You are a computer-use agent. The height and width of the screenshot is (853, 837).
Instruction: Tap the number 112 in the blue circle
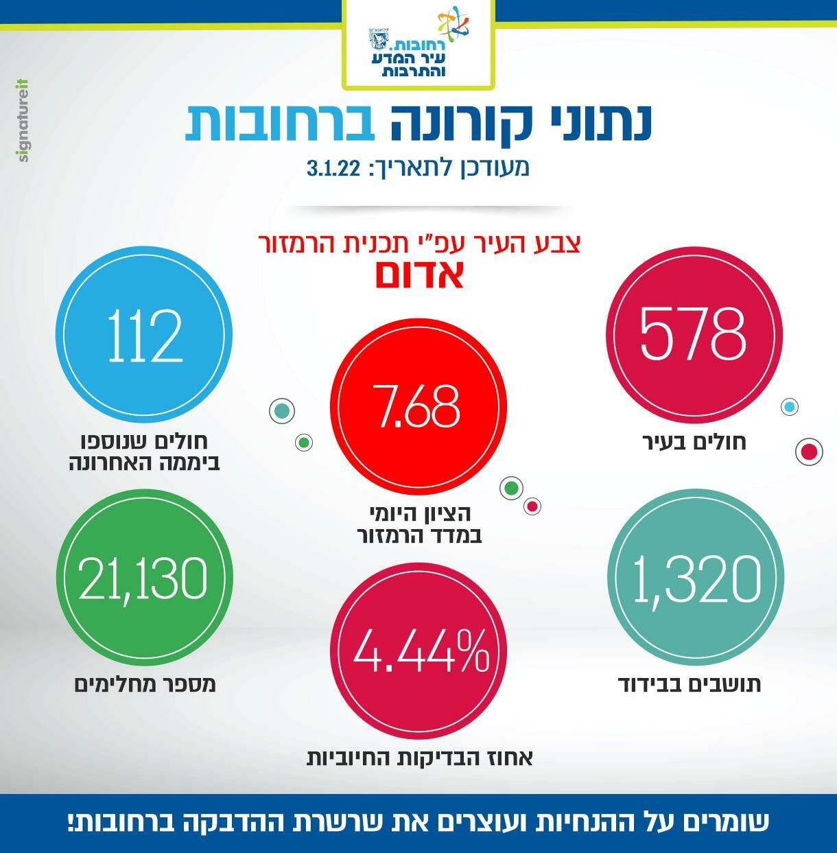point(145,336)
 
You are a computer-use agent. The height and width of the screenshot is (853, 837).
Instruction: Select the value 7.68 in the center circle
point(417,406)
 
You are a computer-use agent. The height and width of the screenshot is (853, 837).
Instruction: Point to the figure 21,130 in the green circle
point(143,578)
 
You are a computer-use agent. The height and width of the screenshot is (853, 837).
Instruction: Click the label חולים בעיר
point(694,442)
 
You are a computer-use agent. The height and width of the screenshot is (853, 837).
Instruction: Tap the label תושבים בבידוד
point(689,684)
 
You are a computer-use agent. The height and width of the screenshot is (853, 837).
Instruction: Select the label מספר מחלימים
point(145,684)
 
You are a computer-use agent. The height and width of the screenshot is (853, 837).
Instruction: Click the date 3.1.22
point(334,168)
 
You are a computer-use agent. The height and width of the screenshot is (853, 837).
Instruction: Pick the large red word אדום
point(419,274)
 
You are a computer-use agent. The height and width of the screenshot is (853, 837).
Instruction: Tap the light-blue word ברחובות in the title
point(278,124)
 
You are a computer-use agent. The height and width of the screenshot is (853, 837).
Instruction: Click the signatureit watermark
point(23,121)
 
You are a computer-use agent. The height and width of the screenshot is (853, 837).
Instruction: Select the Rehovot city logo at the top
point(418,45)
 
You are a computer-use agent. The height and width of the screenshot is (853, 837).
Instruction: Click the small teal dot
point(281,411)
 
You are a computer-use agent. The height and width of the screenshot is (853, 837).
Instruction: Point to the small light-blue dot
point(790,407)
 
